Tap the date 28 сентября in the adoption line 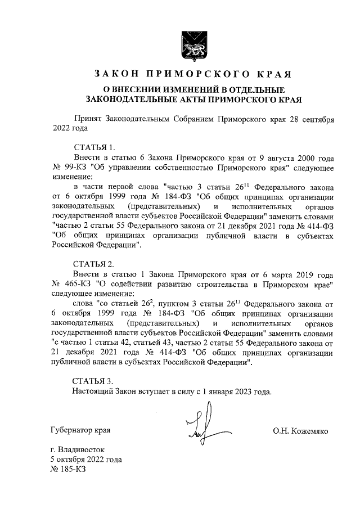[313, 120]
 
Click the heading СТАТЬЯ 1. [94, 148]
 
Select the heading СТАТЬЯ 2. [94, 264]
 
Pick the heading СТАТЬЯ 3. [94, 381]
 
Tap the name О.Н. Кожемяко [301, 431]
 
